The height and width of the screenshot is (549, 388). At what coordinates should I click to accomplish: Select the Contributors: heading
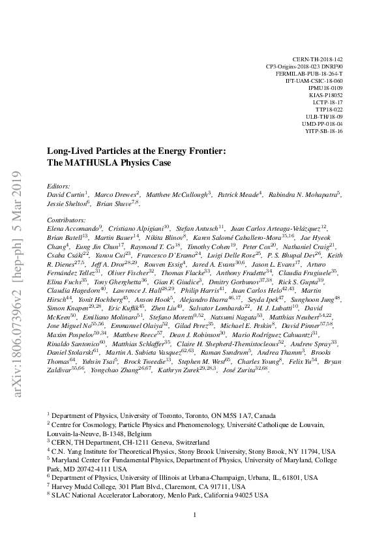coord(68,221)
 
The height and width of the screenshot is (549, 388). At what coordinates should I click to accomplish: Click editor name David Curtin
coord(68,194)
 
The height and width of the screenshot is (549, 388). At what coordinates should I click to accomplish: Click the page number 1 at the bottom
coord(194,515)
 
